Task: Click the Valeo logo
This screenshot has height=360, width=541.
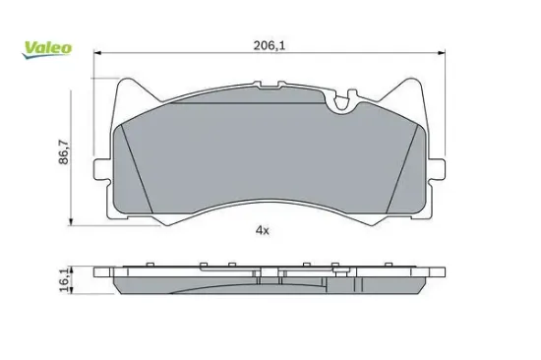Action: [x=47, y=49]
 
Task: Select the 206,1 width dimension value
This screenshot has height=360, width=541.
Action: [x=270, y=45]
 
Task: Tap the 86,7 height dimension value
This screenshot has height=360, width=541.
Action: [x=64, y=151]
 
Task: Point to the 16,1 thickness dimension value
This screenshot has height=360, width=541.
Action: [x=65, y=280]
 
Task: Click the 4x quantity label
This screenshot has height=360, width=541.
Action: [x=263, y=230]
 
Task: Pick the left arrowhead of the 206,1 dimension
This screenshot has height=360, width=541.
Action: [x=97, y=53]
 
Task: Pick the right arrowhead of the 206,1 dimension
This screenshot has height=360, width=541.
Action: [x=442, y=53]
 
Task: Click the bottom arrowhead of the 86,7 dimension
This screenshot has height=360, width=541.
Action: [x=71, y=222]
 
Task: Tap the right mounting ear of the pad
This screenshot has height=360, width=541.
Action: [x=437, y=169]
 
